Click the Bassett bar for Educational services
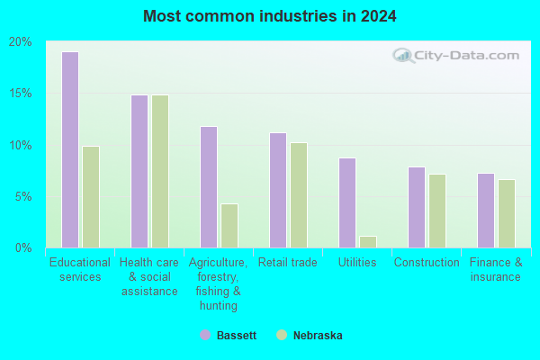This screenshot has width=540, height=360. coord(70,150)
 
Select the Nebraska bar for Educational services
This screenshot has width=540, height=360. coord(91,197)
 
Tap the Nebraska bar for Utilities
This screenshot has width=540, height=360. coord(368,242)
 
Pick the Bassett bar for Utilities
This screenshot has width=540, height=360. coord(347,202)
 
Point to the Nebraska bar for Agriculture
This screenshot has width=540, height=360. coord(229,226)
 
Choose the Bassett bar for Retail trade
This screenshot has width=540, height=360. coord(278,190)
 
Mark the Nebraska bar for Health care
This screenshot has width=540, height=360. coord(160,172)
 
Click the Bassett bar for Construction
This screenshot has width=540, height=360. coord(417,207)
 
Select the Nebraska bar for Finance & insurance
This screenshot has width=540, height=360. coord(507,213)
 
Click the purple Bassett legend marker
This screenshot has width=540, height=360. coord(205,335)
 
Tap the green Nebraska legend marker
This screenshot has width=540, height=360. coord(282,335)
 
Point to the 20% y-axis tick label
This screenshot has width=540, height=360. coord(21,42)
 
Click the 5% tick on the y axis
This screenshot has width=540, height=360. coord(23,197)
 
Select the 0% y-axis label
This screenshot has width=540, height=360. coord(23,247)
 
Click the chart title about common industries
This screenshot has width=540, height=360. coord(270,16)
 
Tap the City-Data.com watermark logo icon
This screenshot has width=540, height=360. coord(402,56)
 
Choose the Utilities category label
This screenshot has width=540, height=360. coord(357,263)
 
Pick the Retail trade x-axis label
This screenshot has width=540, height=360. coord(288,263)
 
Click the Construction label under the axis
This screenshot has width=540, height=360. coord(427,263)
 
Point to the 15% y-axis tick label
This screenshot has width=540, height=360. coord(21,94)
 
